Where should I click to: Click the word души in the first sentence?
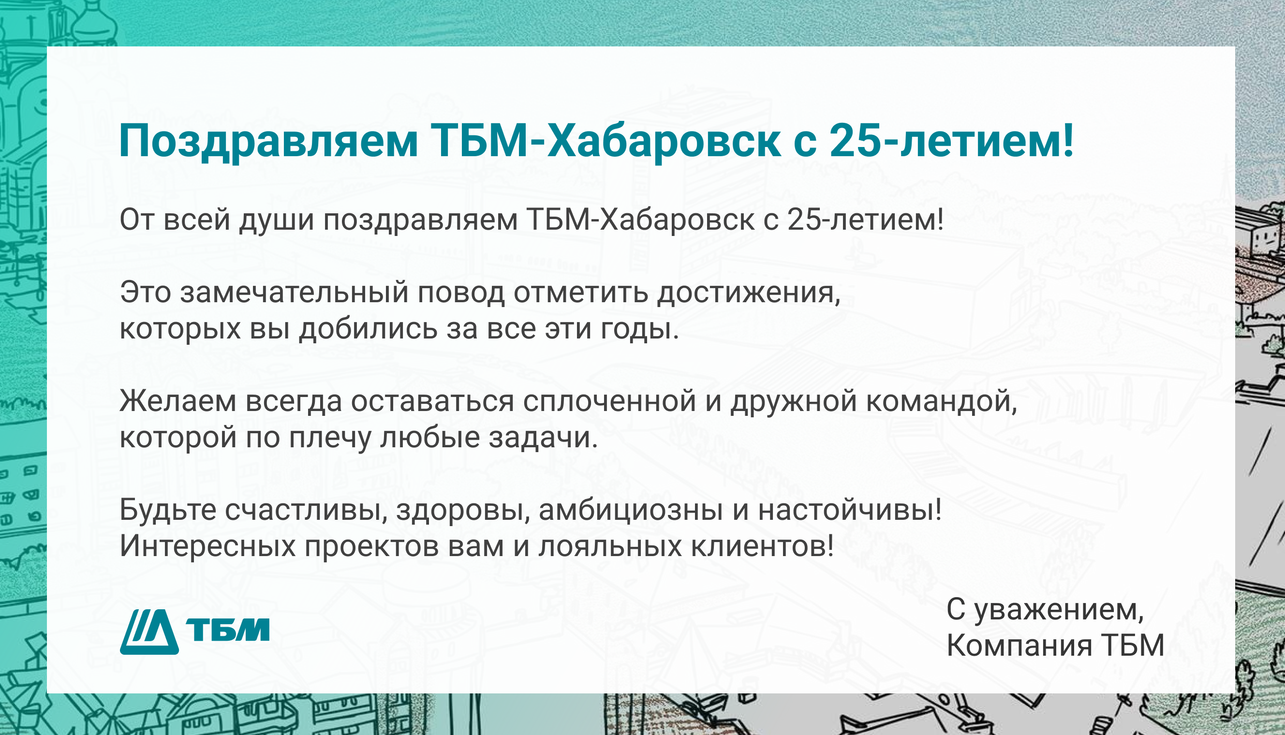(x=277, y=220)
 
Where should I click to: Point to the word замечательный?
(x=294, y=293)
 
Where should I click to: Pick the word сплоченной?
(x=609, y=402)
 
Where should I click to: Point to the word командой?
(x=941, y=402)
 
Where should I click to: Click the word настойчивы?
(x=849, y=510)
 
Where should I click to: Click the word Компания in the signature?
(x=1019, y=646)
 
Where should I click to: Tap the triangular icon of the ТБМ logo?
(x=149, y=632)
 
